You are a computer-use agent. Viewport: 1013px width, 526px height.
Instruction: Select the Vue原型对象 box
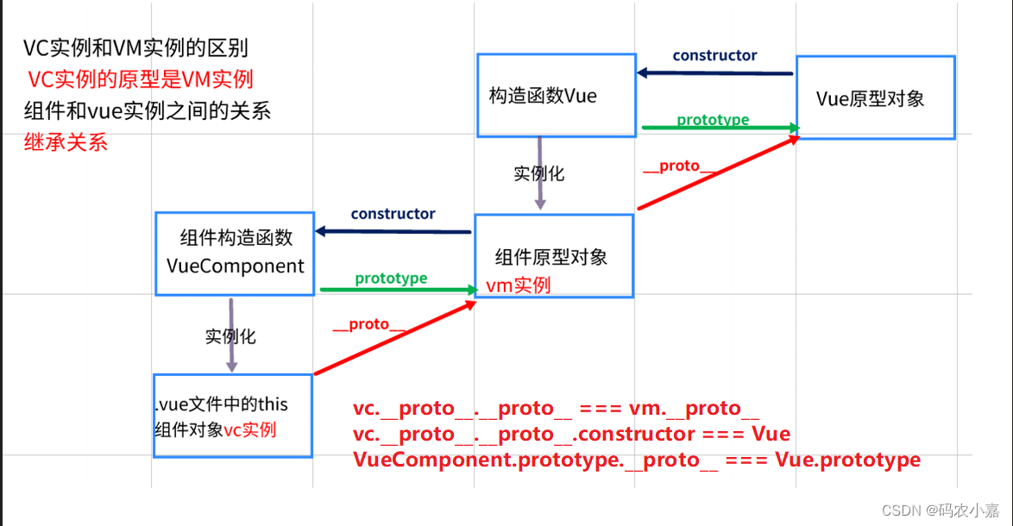point(874,97)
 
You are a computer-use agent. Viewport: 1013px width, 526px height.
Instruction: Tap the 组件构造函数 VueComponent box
point(235,253)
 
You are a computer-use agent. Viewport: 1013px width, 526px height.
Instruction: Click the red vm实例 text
point(519,285)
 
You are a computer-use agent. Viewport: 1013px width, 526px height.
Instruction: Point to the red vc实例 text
point(250,429)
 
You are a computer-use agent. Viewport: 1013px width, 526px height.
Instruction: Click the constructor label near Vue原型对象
point(714,55)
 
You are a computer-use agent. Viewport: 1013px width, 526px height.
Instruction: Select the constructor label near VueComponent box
point(393,214)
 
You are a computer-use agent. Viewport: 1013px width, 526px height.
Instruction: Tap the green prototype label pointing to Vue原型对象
point(713,120)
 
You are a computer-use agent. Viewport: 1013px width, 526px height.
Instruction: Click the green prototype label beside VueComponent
point(391,279)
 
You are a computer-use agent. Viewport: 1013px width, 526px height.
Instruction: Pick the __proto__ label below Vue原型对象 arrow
point(679,166)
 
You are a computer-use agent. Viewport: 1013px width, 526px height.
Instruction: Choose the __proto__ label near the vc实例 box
point(368,324)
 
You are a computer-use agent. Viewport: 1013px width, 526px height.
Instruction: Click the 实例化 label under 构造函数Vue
point(538,173)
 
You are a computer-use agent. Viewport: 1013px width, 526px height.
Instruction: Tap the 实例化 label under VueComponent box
point(230,336)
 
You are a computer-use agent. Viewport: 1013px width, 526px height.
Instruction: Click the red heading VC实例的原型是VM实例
point(141,80)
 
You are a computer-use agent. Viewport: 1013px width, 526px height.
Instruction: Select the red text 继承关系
point(66,142)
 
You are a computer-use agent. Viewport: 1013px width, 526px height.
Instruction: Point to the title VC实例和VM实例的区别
point(135,49)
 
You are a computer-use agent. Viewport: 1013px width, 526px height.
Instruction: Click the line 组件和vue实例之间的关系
point(148,111)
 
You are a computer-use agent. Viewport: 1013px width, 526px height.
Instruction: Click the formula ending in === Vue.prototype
point(637,460)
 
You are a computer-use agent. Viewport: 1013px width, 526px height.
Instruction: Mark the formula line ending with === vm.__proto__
point(556,409)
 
